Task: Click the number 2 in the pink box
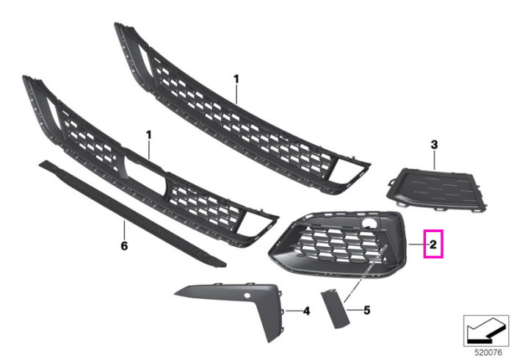pos(433,244)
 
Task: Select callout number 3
pos(434,145)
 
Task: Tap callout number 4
pos(306,311)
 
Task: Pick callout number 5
pos(367,310)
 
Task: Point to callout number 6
pos(124,245)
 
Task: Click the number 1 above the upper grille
pos(236,79)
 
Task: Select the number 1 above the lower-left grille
pos(149,135)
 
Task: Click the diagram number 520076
pos(488,353)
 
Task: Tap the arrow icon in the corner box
pos(485,331)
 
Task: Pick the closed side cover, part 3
pos(437,190)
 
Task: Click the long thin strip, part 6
pos(131,213)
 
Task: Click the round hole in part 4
pos(247,295)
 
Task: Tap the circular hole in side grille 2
pos(369,223)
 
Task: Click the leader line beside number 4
pos(294,311)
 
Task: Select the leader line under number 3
pos(435,160)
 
